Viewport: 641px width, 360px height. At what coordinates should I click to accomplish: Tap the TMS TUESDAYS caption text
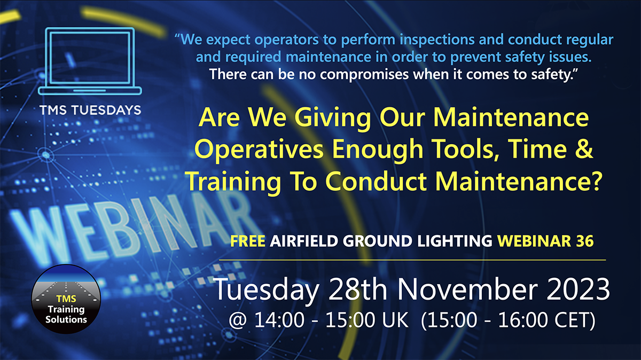[x=90, y=110]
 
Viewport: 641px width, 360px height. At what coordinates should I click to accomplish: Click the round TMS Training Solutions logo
[x=66, y=299]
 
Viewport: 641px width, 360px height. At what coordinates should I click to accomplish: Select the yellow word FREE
[x=247, y=241]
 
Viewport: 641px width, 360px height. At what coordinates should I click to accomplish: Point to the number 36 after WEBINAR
[x=584, y=241]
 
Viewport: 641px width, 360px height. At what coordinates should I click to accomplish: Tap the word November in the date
[x=467, y=289]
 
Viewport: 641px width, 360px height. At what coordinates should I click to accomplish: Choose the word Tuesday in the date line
[x=266, y=291]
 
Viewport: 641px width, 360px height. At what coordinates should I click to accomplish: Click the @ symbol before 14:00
[x=238, y=319]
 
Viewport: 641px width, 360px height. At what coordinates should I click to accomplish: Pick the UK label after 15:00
[x=395, y=319]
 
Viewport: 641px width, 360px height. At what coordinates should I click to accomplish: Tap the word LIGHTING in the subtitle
[x=455, y=241]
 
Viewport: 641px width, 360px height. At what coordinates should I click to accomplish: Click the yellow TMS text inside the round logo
[x=66, y=299]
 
